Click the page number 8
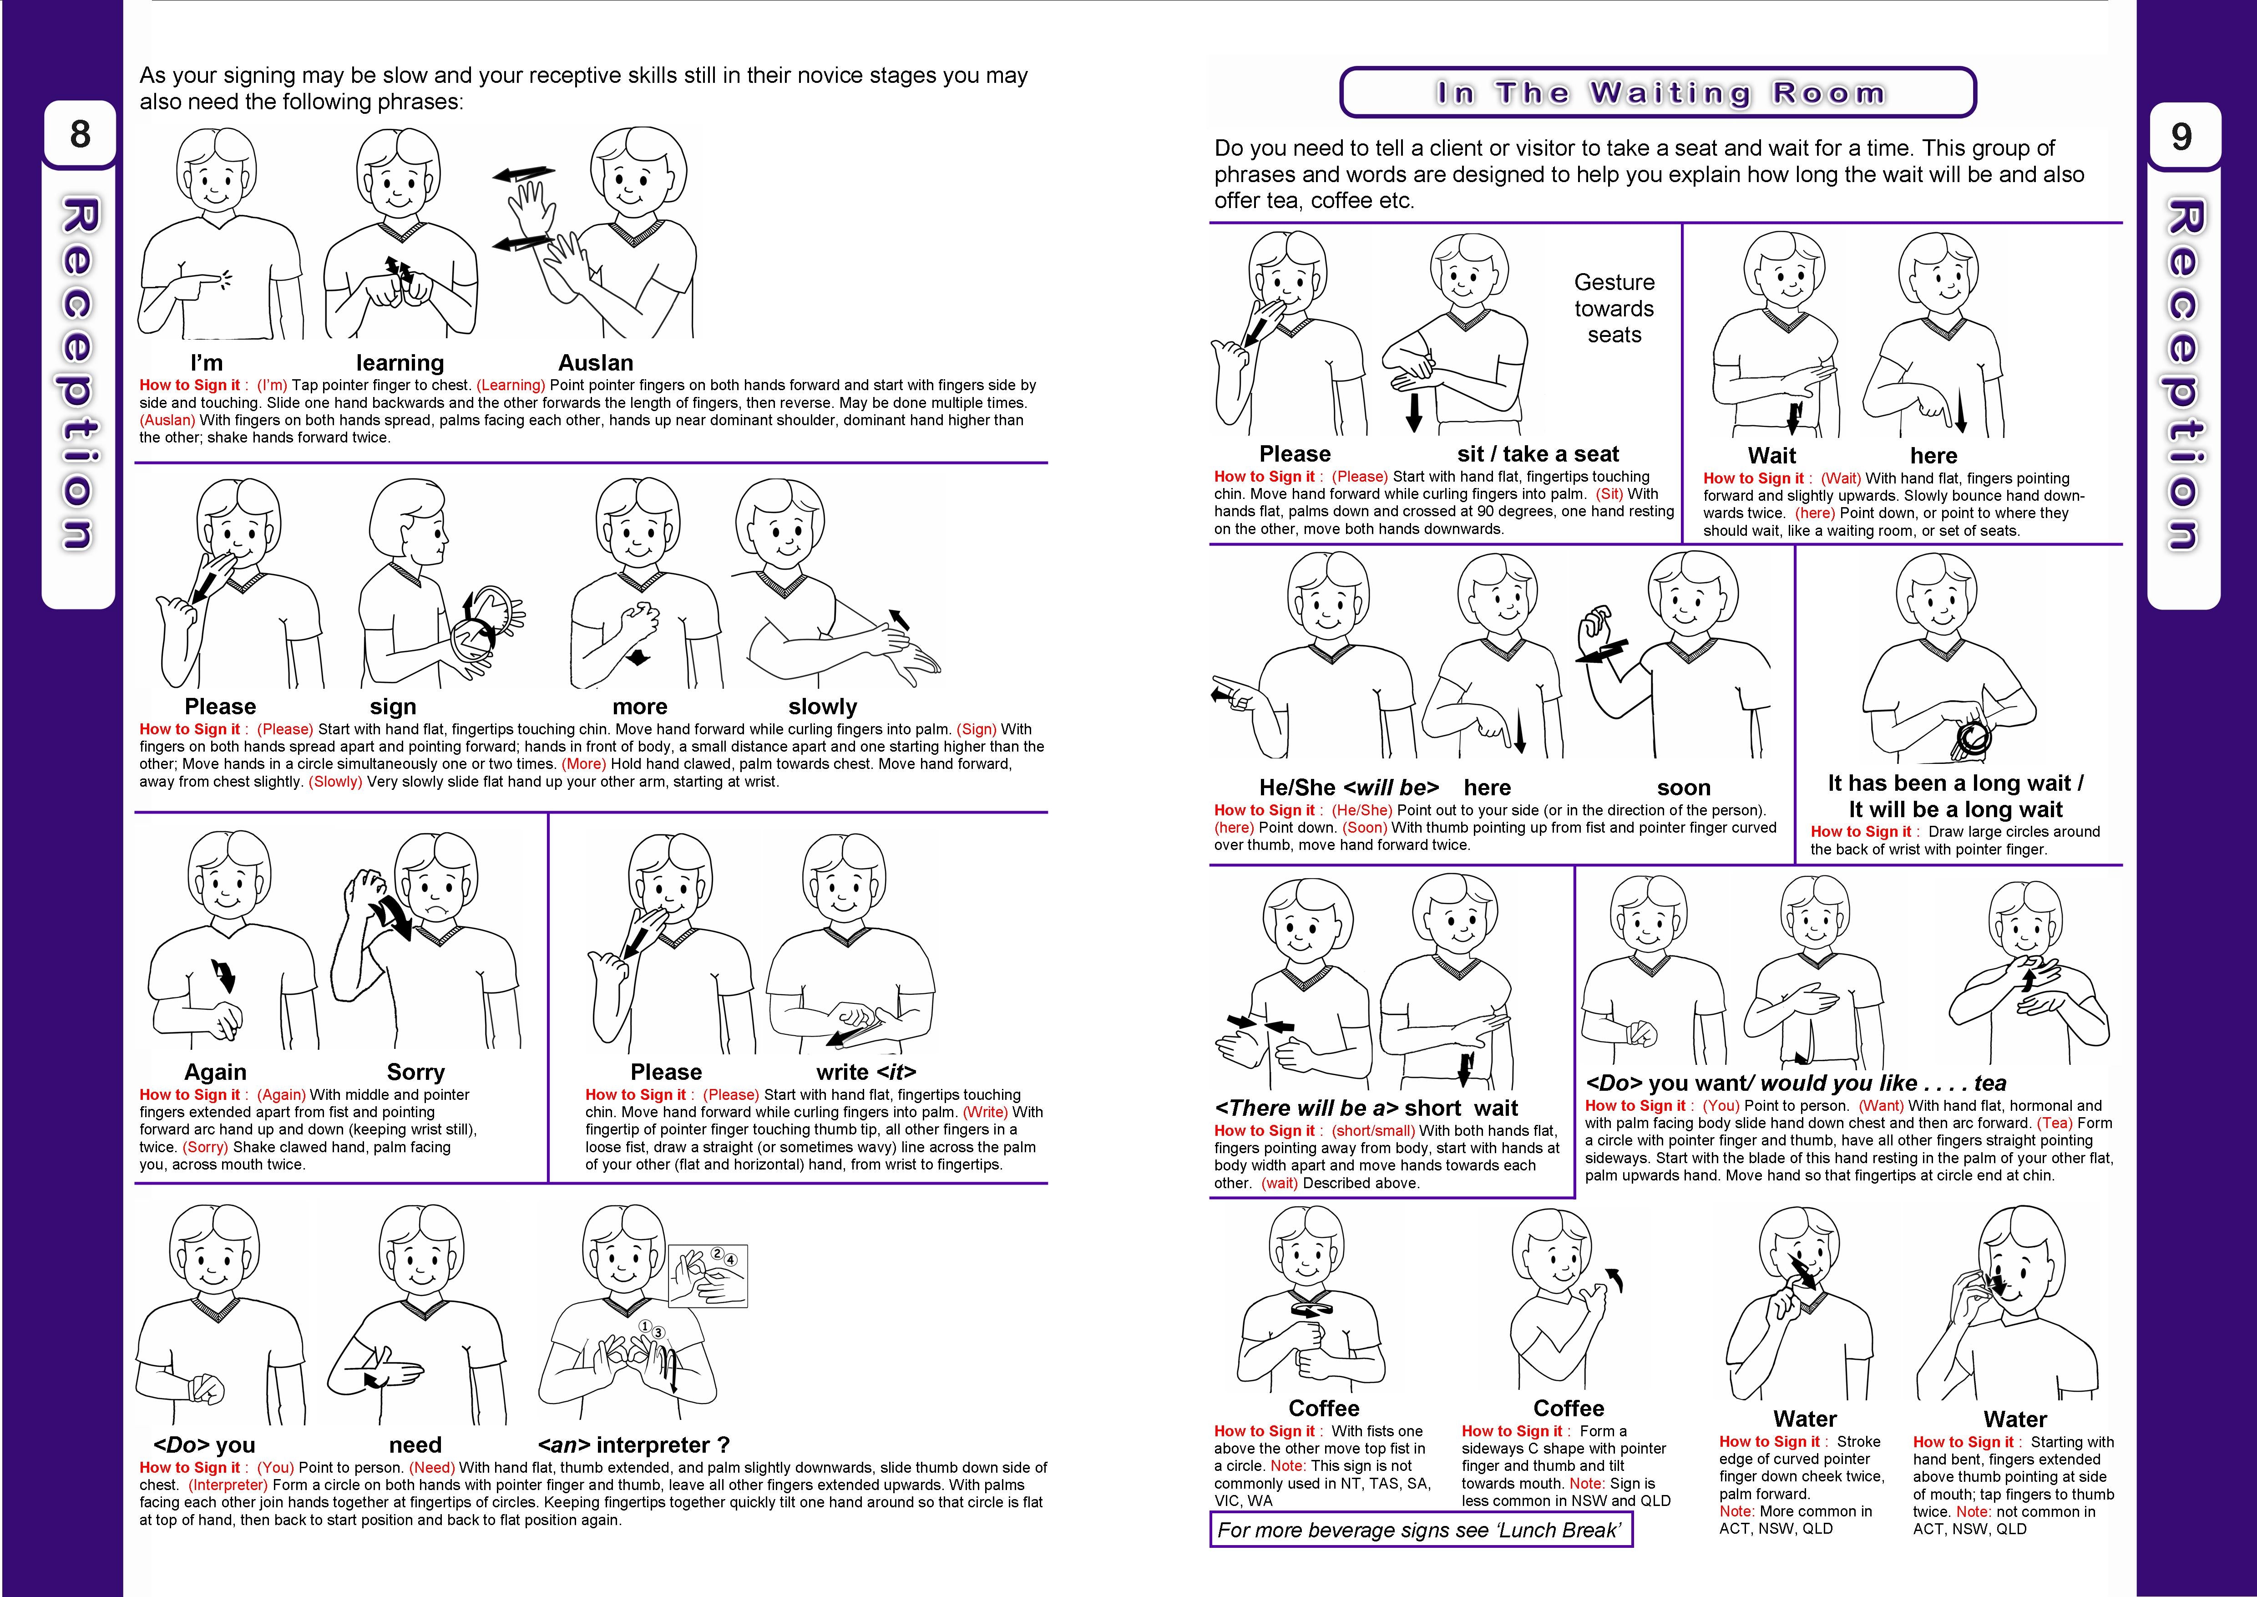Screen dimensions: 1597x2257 [80, 134]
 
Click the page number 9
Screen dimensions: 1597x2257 [2181, 136]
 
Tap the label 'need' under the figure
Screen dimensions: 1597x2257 [415, 1444]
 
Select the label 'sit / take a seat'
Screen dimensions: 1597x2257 [1538, 453]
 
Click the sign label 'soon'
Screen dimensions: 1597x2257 [1683, 788]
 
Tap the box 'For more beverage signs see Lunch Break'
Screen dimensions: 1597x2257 [1419, 1530]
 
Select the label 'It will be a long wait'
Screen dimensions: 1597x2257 [1954, 809]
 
